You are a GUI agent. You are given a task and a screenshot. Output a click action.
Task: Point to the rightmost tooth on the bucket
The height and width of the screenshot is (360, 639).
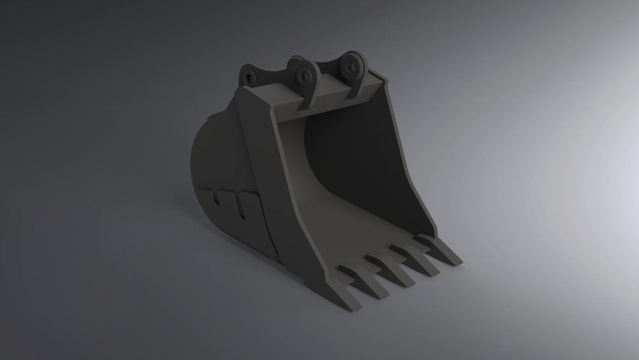[x=446, y=252]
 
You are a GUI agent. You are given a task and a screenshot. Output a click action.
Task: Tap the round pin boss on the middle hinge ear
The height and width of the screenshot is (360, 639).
[x=305, y=75]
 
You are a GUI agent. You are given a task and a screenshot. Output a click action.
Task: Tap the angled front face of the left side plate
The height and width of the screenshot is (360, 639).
[x=284, y=195]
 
